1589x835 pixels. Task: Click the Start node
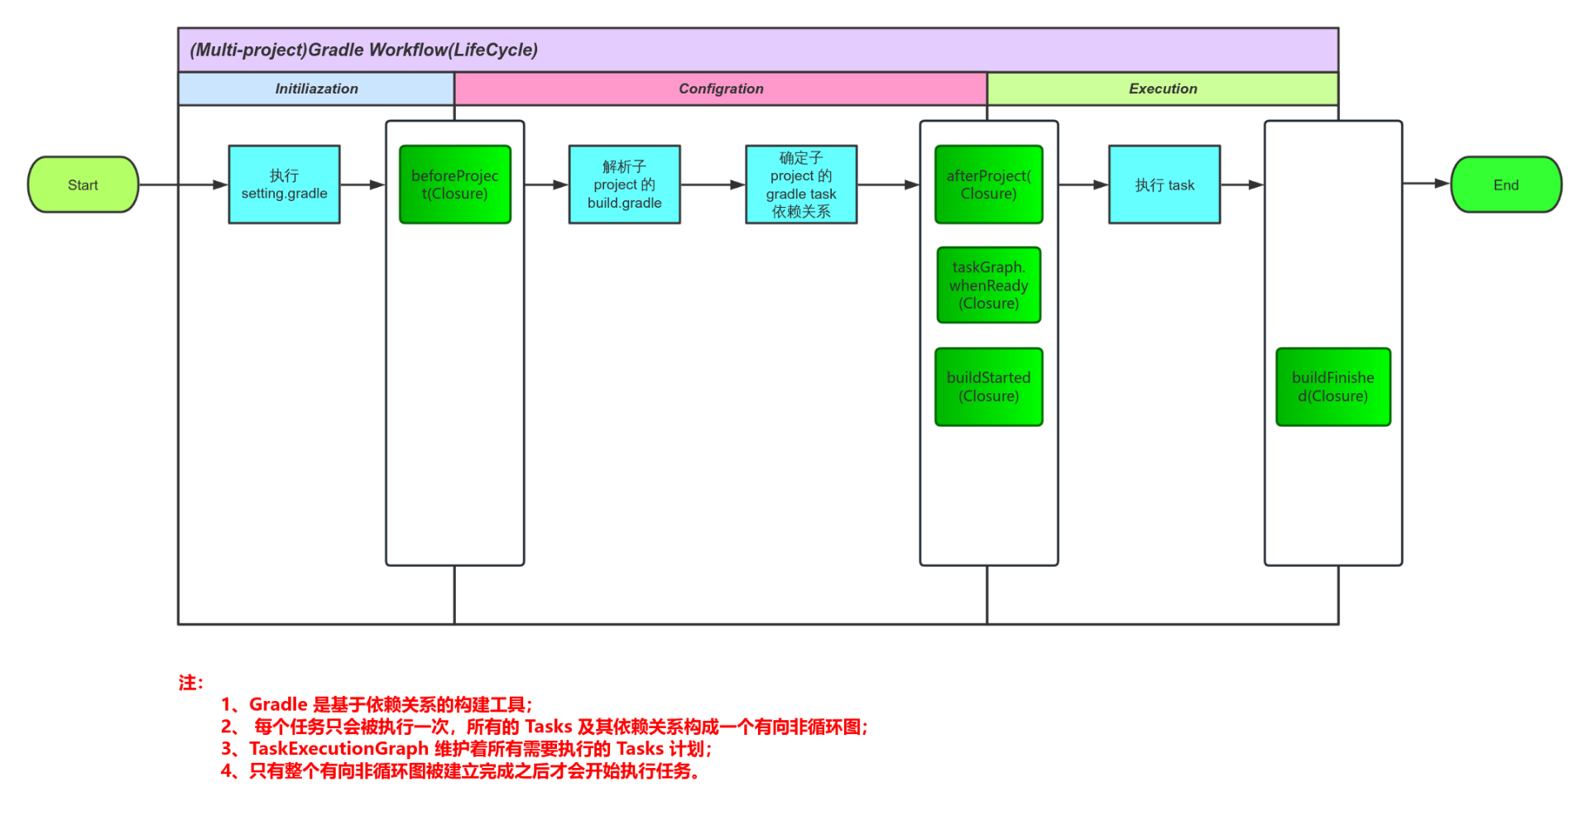click(x=83, y=185)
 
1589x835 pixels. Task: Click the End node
click(x=1505, y=185)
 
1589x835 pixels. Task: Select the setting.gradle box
click(x=284, y=185)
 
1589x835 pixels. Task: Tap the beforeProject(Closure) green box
click(x=454, y=185)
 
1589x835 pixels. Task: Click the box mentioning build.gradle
click(x=624, y=185)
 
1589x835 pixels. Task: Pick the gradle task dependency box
click(x=800, y=185)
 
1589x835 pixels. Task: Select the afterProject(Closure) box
click(x=988, y=185)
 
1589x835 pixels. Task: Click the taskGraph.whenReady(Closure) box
click(x=988, y=285)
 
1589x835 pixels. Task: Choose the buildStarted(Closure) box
click(x=988, y=386)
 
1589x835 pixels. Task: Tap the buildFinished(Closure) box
click(x=1332, y=386)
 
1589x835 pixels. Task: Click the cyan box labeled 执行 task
click(x=1164, y=185)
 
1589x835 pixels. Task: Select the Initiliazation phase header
click(x=316, y=89)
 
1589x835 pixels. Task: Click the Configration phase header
click(x=720, y=89)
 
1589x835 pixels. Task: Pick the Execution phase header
click(x=1162, y=89)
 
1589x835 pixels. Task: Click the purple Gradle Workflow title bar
click(x=757, y=50)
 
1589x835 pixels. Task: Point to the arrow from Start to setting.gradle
click(x=182, y=185)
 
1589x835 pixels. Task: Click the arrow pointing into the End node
click(x=1426, y=184)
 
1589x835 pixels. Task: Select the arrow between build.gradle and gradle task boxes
click(x=712, y=185)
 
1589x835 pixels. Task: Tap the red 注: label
click(x=190, y=683)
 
